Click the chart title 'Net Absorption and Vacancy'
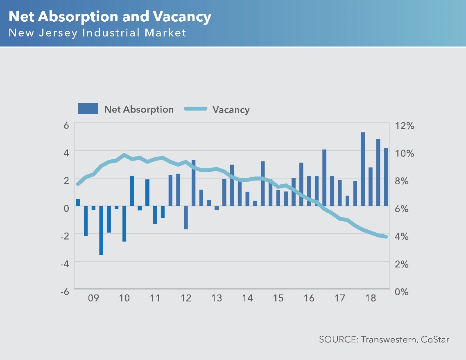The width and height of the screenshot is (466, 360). [x=110, y=17]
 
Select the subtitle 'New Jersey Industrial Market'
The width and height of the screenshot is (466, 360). [x=97, y=33]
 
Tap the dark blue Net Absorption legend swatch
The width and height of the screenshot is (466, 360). [x=88, y=109]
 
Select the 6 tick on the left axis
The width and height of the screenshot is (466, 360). [x=66, y=126]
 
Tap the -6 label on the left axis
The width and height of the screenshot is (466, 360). [x=64, y=292]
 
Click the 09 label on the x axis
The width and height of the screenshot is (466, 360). [x=93, y=298]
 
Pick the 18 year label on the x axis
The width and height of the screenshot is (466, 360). [x=370, y=298]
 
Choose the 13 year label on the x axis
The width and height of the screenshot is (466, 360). [x=217, y=298]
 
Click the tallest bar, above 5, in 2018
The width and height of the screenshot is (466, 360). [x=363, y=169]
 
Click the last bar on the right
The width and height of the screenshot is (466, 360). [x=386, y=177]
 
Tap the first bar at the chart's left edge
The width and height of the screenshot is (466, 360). [x=78, y=202]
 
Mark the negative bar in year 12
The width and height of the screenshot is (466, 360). [x=186, y=217]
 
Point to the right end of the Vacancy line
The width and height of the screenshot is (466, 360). [x=386, y=236]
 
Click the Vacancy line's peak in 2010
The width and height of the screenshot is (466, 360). [x=124, y=155]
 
